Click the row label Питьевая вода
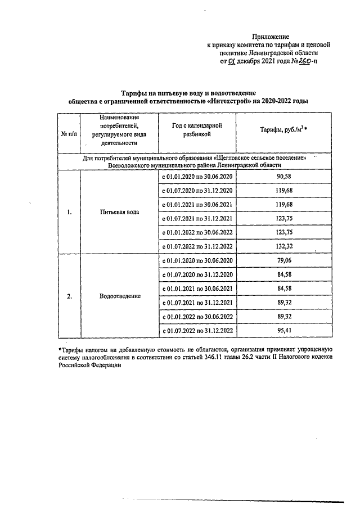(x=119, y=213)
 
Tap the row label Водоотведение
(x=119, y=296)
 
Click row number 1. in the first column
(x=69, y=213)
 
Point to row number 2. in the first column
(x=69, y=296)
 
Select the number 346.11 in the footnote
(x=233, y=357)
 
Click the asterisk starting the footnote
(x=60, y=349)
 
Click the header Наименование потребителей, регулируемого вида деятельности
(x=119, y=130)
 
